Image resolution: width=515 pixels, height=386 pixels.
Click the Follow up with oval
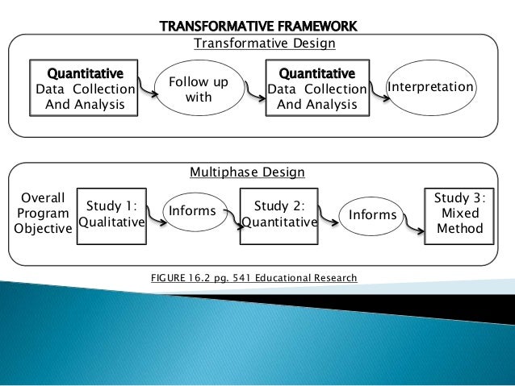pos(199,90)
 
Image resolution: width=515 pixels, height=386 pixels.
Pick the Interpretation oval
pos(432,86)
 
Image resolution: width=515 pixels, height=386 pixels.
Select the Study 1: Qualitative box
pos(110,214)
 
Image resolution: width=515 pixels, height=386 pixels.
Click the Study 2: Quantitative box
pos(278,214)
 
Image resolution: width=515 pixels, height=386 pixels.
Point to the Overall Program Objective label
pos(42,214)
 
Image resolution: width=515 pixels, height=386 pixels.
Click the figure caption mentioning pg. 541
pos(253,278)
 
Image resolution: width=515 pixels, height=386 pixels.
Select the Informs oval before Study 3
pos(373,215)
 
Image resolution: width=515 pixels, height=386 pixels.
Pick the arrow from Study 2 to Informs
pos(329,217)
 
